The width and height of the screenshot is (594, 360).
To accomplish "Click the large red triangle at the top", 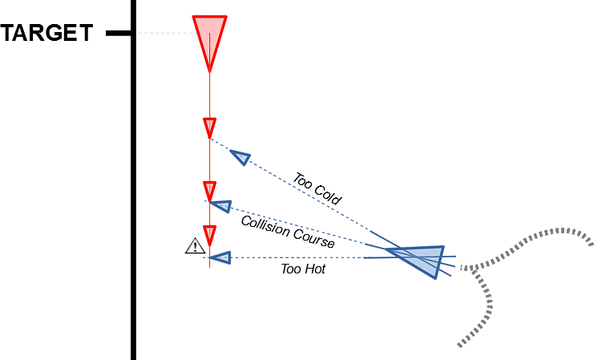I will (209, 40).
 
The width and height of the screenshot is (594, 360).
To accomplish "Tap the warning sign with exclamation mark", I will (195, 247).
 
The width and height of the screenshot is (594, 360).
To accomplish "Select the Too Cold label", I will (317, 189).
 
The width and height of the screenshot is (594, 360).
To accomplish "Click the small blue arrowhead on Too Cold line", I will (240, 157).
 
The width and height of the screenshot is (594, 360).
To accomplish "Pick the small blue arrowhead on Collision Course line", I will (220, 207).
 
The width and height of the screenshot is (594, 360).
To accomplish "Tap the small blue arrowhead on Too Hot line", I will (221, 257).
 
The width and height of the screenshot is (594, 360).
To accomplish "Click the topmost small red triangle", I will (209, 127).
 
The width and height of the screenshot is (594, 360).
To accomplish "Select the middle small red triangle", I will (209, 191).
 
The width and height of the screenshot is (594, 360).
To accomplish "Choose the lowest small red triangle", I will (209, 235).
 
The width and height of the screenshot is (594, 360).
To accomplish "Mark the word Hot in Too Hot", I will (314, 269).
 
